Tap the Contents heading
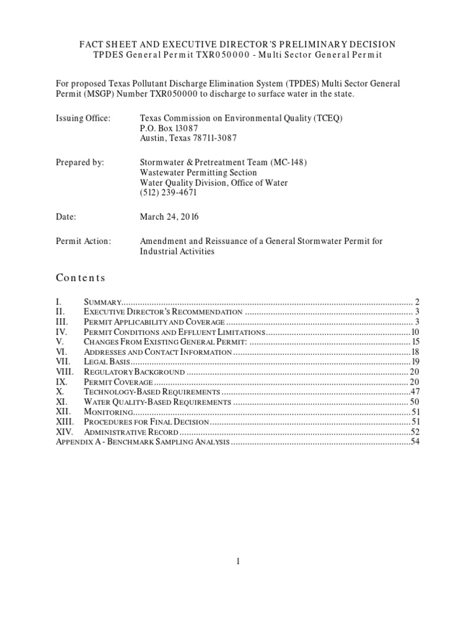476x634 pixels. click(x=81, y=278)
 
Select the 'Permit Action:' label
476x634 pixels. click(x=83, y=241)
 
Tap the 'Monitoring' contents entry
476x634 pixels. click(x=108, y=412)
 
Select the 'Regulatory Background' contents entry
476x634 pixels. click(x=134, y=372)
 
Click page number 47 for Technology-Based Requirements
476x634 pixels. click(x=415, y=393)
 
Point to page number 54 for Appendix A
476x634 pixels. click(x=415, y=443)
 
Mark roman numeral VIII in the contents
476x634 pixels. click(x=64, y=372)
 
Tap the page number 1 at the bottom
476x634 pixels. click(x=237, y=561)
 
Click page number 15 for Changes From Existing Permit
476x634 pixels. click(x=416, y=342)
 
